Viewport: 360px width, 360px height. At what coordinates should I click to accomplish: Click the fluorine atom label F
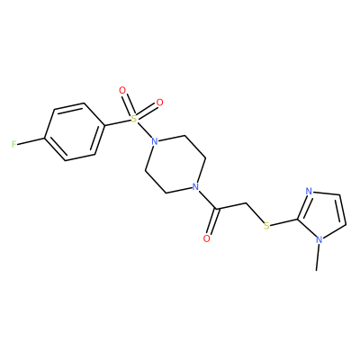(13, 145)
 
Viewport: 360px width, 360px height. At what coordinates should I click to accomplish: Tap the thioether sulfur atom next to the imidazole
(266, 226)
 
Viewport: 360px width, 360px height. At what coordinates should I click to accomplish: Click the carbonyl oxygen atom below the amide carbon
(206, 238)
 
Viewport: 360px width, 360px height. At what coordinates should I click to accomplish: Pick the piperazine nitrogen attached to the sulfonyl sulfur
(155, 141)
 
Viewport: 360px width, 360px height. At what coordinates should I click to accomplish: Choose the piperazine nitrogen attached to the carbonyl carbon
(195, 187)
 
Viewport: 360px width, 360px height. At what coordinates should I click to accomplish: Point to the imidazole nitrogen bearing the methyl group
(319, 240)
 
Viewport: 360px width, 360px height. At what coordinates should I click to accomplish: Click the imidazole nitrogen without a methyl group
(310, 191)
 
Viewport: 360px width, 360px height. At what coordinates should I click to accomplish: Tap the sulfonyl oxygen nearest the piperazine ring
(160, 103)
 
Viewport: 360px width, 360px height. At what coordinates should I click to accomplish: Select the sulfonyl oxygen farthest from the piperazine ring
(122, 90)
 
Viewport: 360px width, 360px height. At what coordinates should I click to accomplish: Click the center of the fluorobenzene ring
(75, 132)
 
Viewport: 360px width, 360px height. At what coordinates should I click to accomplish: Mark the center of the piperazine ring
(175, 165)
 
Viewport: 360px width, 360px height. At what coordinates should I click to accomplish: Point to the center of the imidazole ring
(325, 214)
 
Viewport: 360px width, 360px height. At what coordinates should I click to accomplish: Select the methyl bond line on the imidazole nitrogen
(318, 257)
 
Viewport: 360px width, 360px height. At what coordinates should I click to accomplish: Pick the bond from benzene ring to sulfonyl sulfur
(118, 122)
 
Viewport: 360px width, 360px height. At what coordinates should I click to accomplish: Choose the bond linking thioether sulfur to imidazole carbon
(284, 222)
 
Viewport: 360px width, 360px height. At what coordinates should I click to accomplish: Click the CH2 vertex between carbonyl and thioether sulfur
(246, 204)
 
